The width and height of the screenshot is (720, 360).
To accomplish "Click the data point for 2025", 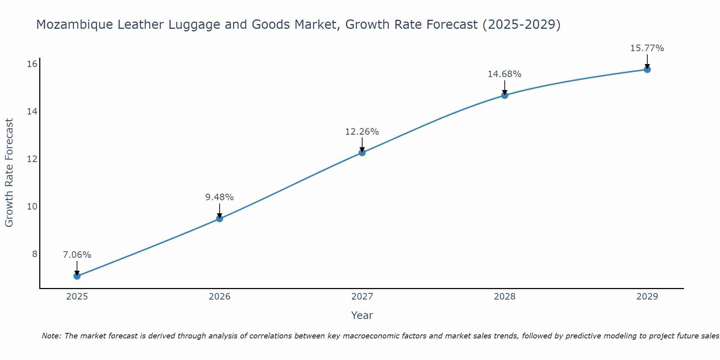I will point(77,276).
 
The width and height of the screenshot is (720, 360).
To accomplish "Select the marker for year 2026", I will point(220,219).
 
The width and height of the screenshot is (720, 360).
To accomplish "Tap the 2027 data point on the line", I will point(362,153).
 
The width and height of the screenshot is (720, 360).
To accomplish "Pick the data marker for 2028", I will point(505,95).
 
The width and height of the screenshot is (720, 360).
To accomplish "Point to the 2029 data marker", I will point(647,69).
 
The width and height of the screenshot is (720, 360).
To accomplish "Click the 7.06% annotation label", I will point(77,255).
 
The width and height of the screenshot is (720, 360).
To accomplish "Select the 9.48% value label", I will point(220,197).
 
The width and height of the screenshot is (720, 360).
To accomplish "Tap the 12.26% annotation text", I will point(362,132).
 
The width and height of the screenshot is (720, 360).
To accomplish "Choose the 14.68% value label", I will point(505,74).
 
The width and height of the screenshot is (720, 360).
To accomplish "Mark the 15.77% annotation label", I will point(647,48).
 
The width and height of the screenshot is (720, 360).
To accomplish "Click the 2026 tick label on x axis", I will point(220,297).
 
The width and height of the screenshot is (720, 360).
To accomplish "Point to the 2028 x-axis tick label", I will point(505,297).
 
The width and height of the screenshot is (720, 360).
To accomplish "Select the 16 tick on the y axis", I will point(32,64).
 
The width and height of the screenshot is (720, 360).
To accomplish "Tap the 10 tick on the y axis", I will point(32,207).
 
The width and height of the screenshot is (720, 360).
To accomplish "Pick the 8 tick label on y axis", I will point(35,254).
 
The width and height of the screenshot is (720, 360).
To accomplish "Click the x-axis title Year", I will point(362,315).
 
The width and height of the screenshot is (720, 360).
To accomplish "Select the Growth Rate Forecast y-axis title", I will point(9,173).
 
